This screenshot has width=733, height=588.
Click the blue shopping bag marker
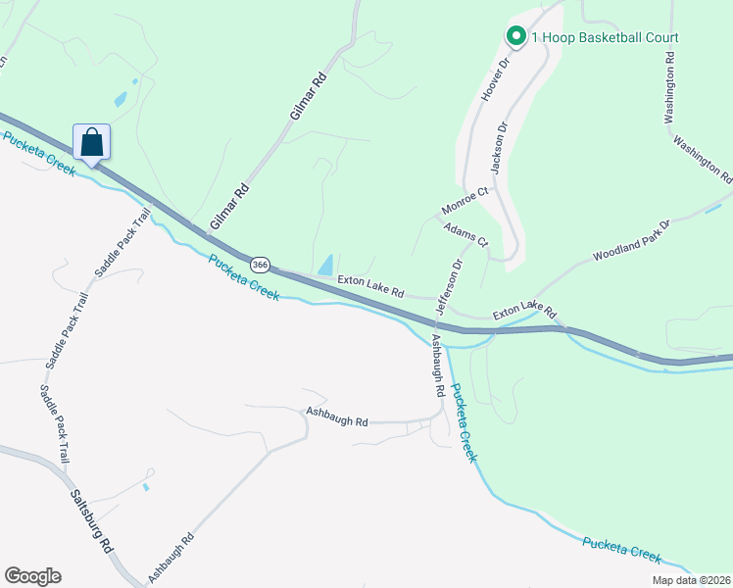click(91, 142)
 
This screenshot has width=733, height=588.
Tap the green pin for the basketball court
click(515, 36)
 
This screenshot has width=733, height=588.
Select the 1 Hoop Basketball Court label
click(605, 37)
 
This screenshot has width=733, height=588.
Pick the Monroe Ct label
click(464, 203)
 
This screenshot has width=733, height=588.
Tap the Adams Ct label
click(465, 233)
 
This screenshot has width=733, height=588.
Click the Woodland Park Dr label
click(629, 242)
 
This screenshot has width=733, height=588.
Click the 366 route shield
click(260, 265)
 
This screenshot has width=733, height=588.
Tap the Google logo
click(32, 576)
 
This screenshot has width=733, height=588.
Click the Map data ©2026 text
click(691, 580)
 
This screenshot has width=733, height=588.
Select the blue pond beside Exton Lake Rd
click(324, 265)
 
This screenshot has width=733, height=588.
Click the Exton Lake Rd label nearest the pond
click(370, 286)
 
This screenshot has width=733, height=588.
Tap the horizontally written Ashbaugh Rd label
click(336, 416)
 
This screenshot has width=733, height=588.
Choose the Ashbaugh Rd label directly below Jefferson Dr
click(438, 365)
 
